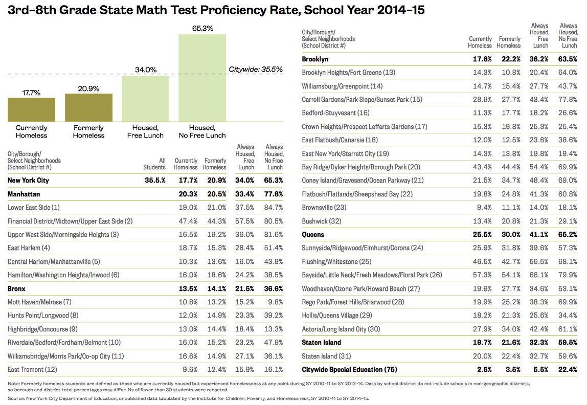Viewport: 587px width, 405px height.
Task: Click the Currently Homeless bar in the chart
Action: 31,109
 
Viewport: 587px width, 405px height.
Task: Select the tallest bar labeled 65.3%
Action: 202,77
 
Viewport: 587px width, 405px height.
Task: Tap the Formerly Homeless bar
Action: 88,107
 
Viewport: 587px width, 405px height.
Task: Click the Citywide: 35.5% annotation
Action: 255,69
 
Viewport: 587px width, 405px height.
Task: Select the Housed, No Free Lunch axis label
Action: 202,131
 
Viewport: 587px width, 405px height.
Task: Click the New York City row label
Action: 28,181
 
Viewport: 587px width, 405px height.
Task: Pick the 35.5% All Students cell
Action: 155,181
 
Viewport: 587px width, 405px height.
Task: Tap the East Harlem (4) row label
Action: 29,248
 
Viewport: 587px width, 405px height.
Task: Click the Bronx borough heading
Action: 16,289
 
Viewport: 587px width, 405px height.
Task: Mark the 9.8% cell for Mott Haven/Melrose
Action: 275,302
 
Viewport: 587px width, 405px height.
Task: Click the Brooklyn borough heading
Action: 315,59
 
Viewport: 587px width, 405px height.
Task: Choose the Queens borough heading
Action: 313,235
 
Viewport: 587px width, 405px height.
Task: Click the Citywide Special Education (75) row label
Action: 349,369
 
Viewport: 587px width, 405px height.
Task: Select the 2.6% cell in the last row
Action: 483,369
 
